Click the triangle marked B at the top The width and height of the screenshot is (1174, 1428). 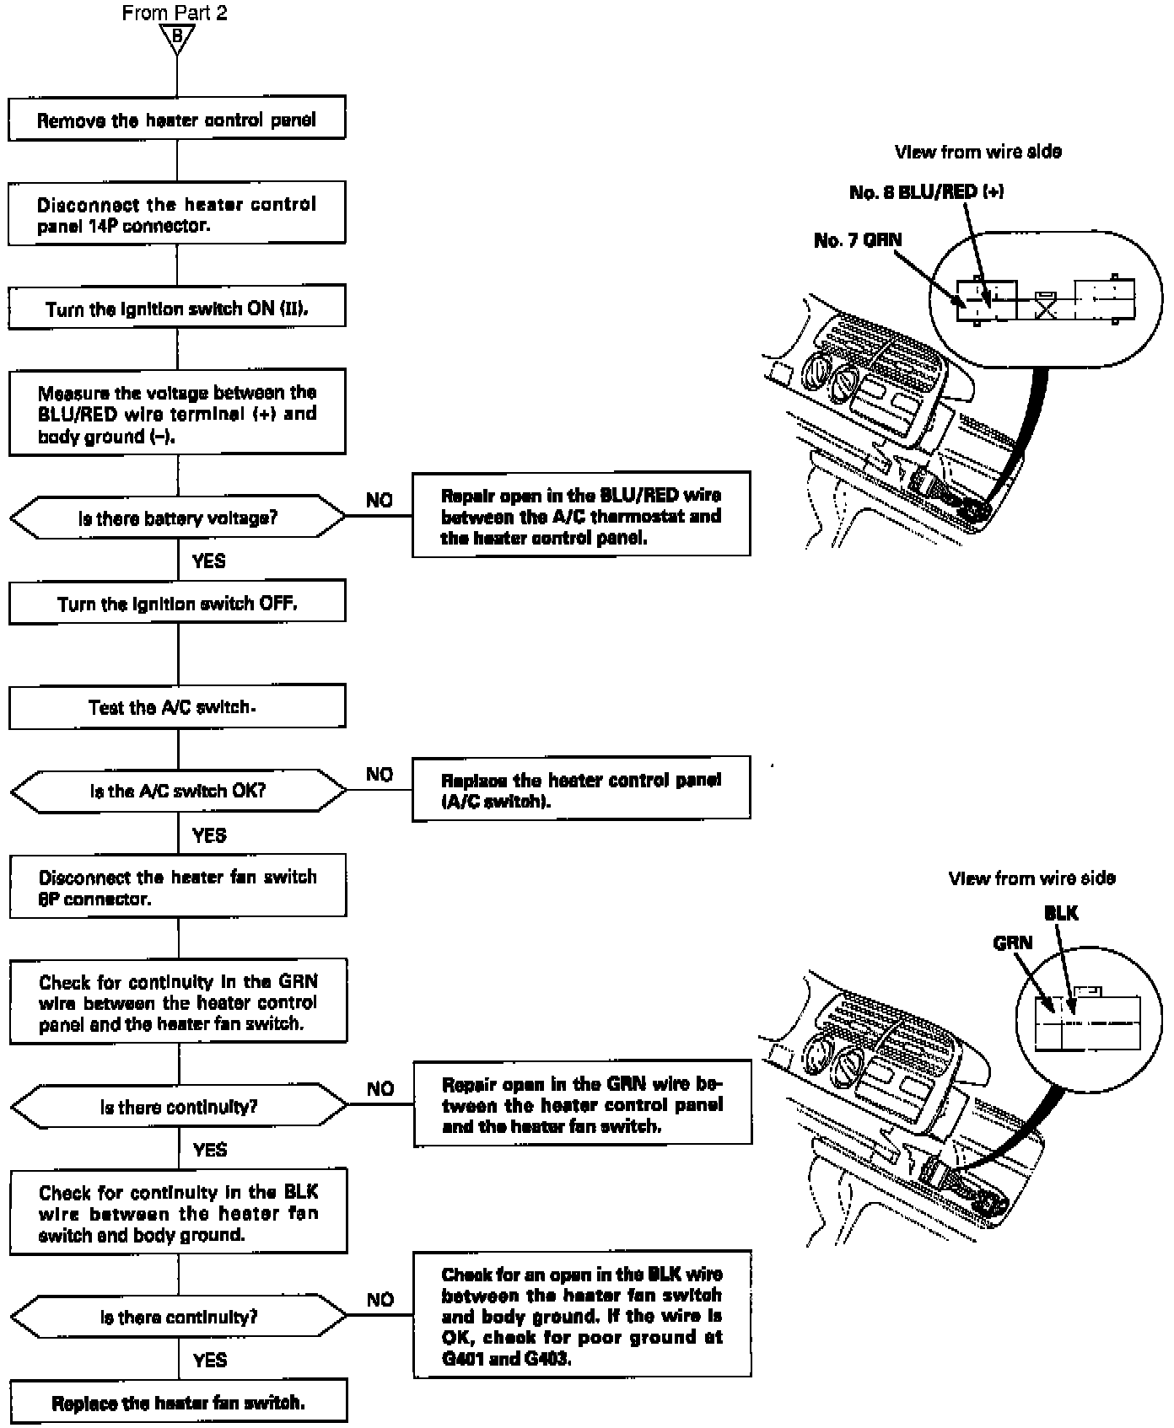click(x=177, y=39)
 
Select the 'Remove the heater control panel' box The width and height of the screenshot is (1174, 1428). click(x=177, y=119)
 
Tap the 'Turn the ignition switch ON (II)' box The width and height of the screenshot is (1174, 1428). click(x=177, y=308)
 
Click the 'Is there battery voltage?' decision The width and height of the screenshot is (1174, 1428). click(x=177, y=517)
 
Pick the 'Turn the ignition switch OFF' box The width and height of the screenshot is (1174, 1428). click(x=177, y=602)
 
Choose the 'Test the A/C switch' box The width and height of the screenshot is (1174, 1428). click(x=177, y=706)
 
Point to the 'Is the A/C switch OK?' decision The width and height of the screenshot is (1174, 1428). click(x=178, y=791)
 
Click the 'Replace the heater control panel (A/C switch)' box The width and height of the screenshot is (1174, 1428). click(x=581, y=788)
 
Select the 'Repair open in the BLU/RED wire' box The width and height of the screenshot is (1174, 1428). click(x=581, y=514)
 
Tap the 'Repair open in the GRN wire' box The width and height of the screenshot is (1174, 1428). click(x=582, y=1103)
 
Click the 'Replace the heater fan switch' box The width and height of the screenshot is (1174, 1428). click(x=178, y=1402)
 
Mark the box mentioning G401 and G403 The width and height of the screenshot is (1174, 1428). click(x=582, y=1314)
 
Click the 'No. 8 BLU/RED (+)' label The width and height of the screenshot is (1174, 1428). click(x=927, y=191)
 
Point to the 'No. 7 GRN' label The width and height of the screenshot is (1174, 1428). click(x=858, y=240)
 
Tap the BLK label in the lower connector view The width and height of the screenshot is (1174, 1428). click(x=1061, y=913)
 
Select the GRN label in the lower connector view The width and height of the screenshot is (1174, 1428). click(x=1013, y=942)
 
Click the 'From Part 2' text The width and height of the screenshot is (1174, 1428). click(x=175, y=13)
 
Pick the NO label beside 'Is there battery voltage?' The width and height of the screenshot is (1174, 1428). click(x=380, y=500)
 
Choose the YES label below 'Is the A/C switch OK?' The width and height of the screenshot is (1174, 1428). click(x=209, y=835)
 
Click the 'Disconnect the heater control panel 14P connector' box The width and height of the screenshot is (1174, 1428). click(x=177, y=213)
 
